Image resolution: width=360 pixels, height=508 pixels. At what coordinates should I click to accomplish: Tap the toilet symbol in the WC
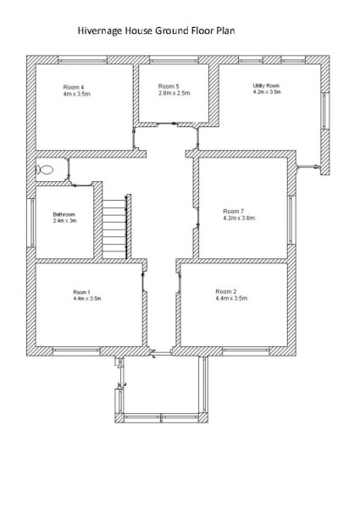pos(45,169)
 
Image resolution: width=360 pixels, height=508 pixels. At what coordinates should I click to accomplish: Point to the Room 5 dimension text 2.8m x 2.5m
pos(174,93)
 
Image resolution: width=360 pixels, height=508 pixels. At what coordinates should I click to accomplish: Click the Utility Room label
pos(266,86)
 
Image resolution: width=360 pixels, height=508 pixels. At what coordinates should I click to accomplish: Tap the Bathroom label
pos(64,214)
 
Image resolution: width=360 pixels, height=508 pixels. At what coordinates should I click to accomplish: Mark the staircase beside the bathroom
pos(114,229)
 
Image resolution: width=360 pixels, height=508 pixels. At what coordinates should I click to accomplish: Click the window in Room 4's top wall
pos(82,60)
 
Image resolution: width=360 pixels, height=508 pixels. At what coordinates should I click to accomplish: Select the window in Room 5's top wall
pos(174,60)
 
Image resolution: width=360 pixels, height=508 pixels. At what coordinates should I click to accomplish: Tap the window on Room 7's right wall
pos(291,219)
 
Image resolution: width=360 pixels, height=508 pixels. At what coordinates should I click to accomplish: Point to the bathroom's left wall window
pos(31,223)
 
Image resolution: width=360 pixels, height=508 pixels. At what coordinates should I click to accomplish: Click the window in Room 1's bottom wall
pos(76,351)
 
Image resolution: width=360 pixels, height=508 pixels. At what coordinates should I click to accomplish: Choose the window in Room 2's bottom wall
pos(246,351)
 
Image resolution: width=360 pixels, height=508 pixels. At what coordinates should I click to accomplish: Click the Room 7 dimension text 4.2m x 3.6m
pos(239,218)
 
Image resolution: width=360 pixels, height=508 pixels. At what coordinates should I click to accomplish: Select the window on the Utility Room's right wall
pos(325,111)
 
